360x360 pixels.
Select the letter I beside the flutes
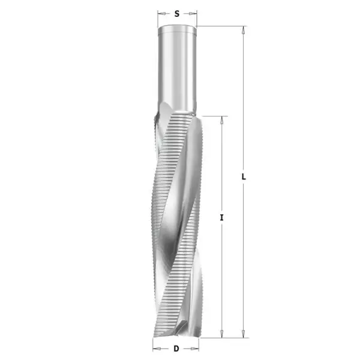point(222,218)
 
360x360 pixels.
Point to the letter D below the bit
point(176,348)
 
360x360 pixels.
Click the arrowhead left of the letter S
point(161,12)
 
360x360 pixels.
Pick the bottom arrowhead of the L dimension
point(244,334)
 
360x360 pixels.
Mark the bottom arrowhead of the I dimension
point(222,334)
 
